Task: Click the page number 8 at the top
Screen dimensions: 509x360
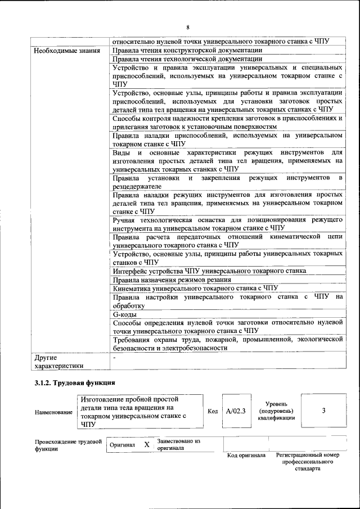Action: tap(187, 27)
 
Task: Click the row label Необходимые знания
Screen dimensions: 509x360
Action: tap(64, 51)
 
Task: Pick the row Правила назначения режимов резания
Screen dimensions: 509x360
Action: tap(172, 280)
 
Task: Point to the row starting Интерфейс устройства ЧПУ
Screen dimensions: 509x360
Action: tap(209, 271)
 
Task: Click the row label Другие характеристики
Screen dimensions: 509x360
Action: tap(58, 361)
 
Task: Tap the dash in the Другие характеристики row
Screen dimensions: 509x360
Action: tap(114, 357)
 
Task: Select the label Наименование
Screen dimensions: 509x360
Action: tap(53, 412)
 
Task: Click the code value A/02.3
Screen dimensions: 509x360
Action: tap(236, 411)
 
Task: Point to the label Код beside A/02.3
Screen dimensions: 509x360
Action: tap(213, 411)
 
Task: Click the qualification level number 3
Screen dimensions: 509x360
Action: tap(323, 411)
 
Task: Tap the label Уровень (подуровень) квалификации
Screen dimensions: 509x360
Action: tap(276, 411)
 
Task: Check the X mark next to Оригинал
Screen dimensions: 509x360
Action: tap(146, 445)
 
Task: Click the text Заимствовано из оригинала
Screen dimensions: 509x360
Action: tap(179, 444)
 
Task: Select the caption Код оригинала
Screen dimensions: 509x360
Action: tap(246, 455)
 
